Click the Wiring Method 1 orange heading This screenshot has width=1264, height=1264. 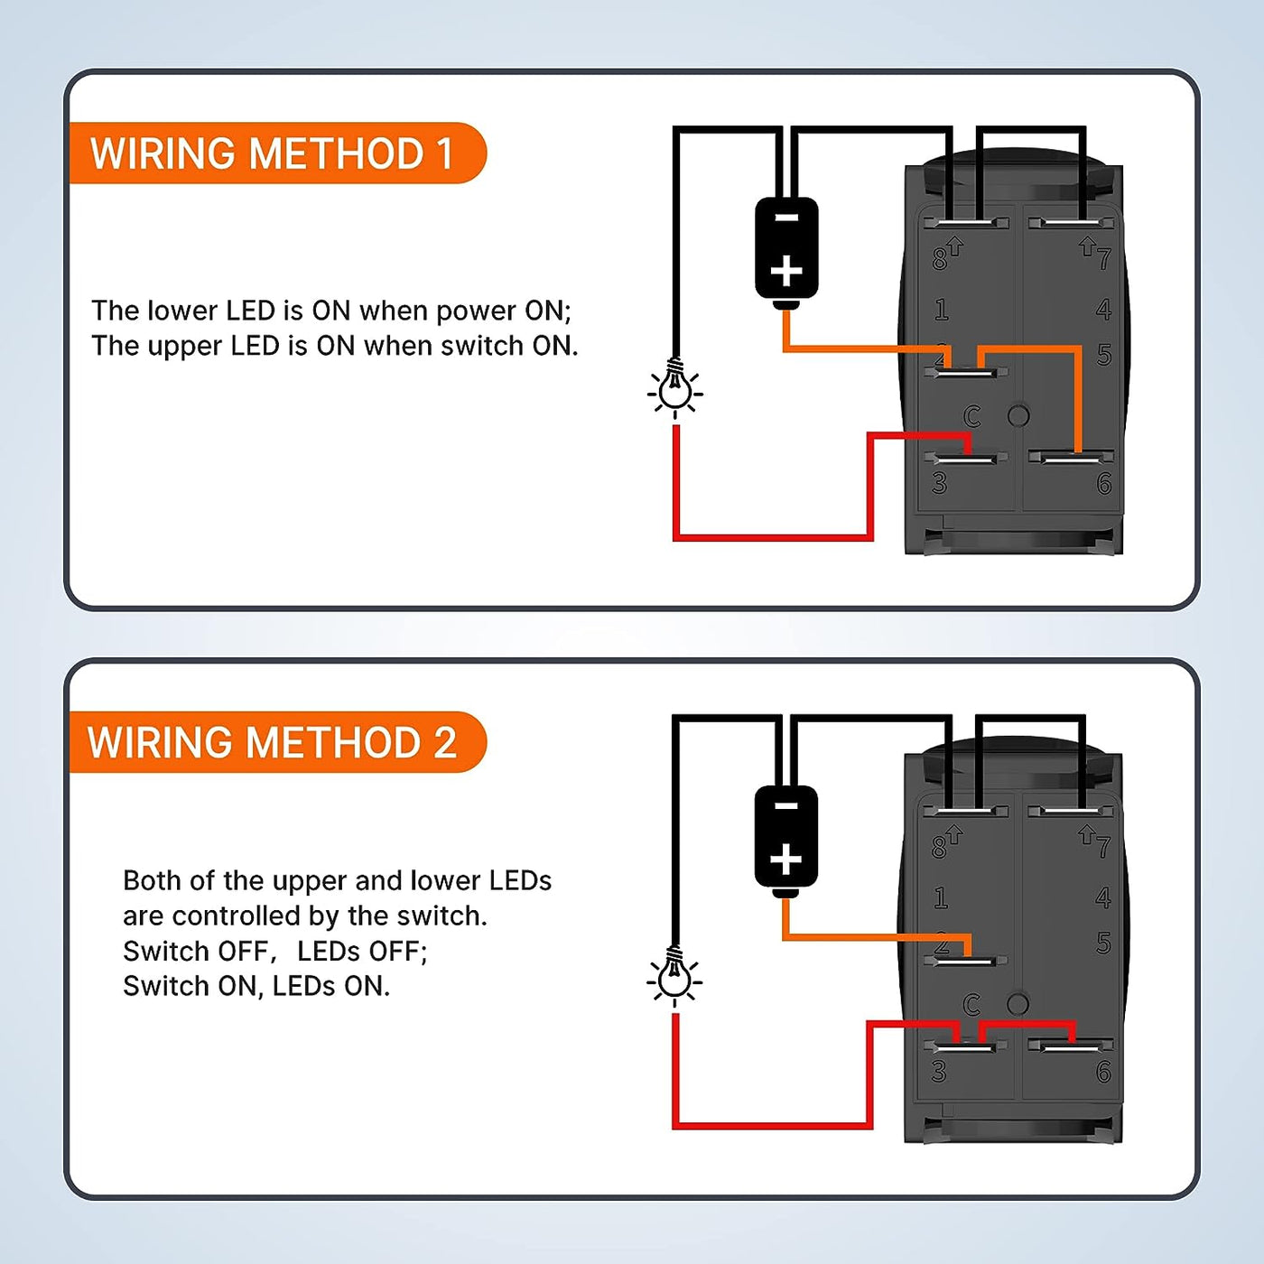tap(272, 153)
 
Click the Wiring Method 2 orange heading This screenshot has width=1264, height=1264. tap(272, 742)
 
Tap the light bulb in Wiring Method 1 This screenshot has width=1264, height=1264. tap(674, 388)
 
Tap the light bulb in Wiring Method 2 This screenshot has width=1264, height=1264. tap(674, 978)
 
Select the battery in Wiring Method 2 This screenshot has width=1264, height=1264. tap(786, 838)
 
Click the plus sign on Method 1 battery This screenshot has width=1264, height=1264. tap(786, 271)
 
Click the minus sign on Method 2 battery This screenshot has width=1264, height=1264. tap(786, 806)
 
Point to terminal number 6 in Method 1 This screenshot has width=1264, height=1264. tap(1103, 484)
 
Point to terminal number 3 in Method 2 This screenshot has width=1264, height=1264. tap(939, 1072)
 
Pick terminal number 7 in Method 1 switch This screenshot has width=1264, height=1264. tap(1103, 260)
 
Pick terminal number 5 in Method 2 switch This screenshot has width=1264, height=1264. tap(1103, 943)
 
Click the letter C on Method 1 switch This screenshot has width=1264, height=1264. tap(971, 416)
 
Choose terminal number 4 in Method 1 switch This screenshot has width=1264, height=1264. tap(1103, 311)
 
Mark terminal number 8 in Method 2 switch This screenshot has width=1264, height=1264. tap(940, 847)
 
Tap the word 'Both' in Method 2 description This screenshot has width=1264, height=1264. tap(151, 880)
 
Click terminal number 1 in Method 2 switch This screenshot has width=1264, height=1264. tap(941, 898)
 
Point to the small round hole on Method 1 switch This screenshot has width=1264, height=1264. tap(1018, 415)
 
